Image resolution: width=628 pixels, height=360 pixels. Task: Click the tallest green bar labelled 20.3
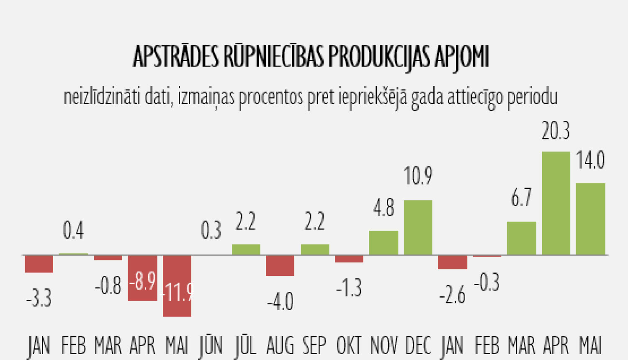(x=556, y=203)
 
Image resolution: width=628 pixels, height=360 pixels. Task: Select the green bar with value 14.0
(x=590, y=219)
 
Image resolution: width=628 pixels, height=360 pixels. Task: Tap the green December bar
(x=418, y=227)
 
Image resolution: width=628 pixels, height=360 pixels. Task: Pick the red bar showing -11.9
(x=177, y=286)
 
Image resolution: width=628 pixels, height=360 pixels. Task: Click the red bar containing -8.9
(x=142, y=278)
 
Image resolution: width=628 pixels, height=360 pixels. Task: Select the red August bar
(x=280, y=265)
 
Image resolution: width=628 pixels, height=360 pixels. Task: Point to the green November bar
(x=383, y=242)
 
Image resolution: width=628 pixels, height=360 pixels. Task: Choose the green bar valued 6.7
(x=521, y=238)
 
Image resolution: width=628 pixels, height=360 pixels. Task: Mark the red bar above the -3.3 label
(x=39, y=264)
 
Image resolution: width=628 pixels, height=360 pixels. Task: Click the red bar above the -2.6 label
(x=453, y=262)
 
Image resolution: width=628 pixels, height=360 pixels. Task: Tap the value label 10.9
(x=418, y=176)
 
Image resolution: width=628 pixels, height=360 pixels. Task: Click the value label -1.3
(x=349, y=288)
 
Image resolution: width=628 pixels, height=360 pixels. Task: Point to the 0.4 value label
(x=73, y=230)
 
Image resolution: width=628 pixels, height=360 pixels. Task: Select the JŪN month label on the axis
(x=211, y=346)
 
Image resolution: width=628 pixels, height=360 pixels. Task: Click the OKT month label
(x=349, y=346)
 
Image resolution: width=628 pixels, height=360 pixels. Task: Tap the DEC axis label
(x=418, y=346)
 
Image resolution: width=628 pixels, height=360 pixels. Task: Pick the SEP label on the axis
(x=314, y=346)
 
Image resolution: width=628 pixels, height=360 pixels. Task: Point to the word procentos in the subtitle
(x=271, y=98)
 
